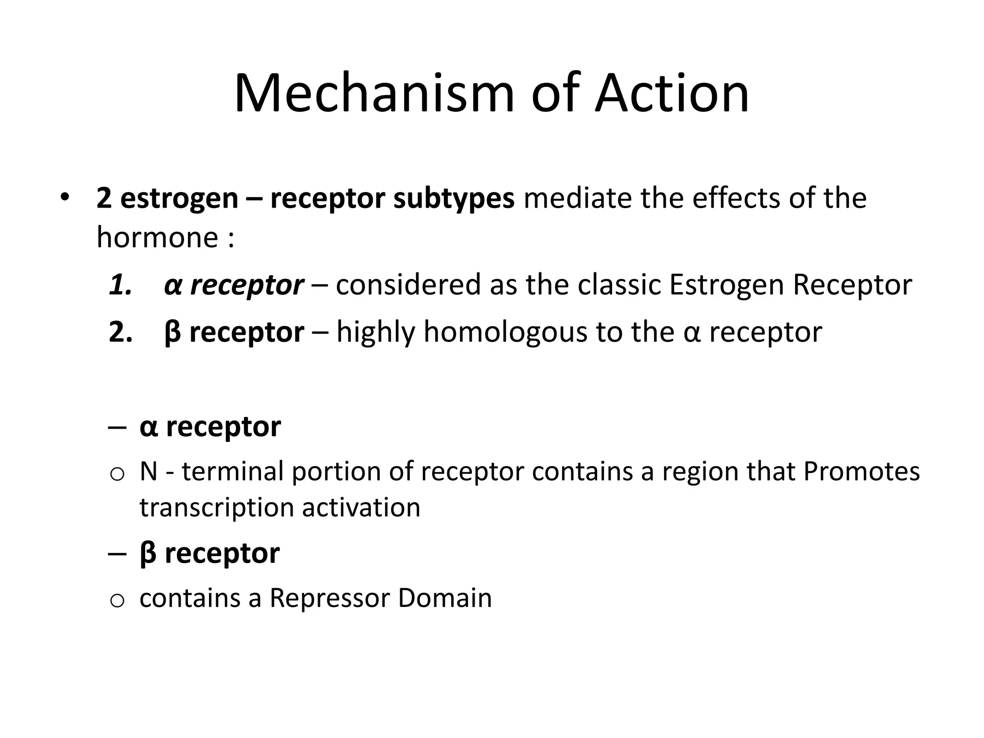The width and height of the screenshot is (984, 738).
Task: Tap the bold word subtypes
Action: [454, 198]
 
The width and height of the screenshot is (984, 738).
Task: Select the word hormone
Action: [158, 237]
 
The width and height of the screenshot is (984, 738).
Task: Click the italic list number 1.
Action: [120, 284]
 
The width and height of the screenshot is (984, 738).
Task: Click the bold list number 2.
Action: [120, 332]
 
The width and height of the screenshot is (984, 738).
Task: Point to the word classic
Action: [619, 284]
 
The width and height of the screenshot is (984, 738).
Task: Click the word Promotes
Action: [861, 471]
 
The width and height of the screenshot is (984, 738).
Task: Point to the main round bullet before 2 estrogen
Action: [65, 197]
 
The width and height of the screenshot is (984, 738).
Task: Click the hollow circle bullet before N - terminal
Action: [117, 475]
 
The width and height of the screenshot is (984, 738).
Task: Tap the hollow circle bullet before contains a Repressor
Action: [117, 601]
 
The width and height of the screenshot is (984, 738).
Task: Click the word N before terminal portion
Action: [148, 471]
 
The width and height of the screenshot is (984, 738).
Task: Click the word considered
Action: [408, 284]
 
